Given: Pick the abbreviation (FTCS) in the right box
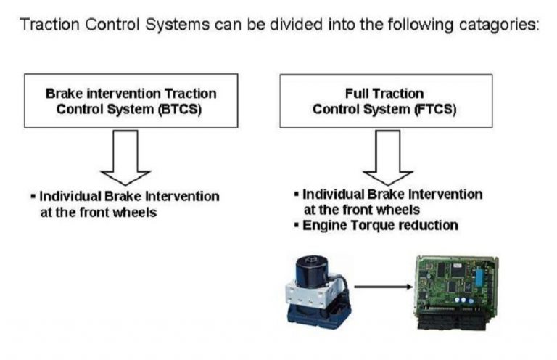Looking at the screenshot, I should tap(434, 110).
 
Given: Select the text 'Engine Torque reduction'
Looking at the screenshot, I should tap(380, 225).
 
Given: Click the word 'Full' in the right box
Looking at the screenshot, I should tap(359, 94).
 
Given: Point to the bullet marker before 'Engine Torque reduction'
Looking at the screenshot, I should tap(297, 225).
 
